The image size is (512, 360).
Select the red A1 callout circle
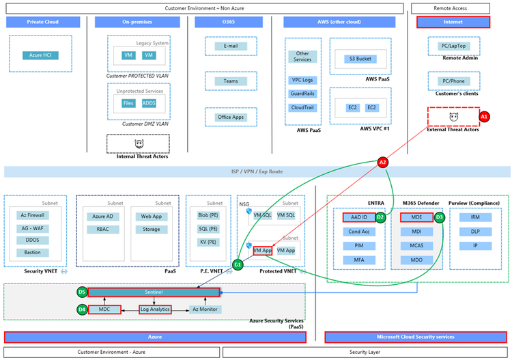click(484, 117)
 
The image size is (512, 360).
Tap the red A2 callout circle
click(383, 162)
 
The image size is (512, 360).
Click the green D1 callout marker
click(238, 264)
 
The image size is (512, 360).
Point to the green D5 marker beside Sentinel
click(82, 292)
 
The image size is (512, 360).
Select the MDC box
click(104, 309)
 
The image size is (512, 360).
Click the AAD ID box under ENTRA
click(358, 217)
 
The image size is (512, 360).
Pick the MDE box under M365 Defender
click(416, 217)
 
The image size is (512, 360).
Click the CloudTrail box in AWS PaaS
click(302, 107)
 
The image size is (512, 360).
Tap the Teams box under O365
click(231, 81)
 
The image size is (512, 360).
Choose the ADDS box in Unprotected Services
click(149, 103)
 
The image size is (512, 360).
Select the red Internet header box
click(453, 23)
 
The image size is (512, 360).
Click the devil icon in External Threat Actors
click(453, 117)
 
